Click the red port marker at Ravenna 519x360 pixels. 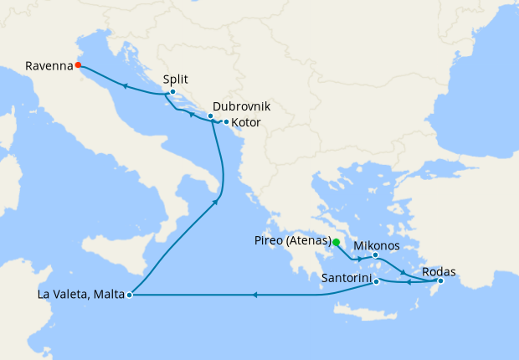(78, 64)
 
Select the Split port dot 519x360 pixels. (172, 92)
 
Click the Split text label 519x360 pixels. (175, 80)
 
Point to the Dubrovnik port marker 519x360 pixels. (210, 116)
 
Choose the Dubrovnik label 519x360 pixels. (242, 107)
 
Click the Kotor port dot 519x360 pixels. (226, 122)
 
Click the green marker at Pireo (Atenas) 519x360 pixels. (336, 243)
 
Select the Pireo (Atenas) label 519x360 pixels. (290, 241)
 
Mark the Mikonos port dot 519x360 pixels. (375, 255)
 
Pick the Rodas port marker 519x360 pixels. (441, 281)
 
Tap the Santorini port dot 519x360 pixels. (376, 281)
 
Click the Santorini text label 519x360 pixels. (346, 277)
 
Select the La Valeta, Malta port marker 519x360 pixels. (129, 295)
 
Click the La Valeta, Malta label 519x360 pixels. (82, 295)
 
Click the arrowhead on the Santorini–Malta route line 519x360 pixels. (255, 295)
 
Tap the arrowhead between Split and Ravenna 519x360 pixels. (124, 85)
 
